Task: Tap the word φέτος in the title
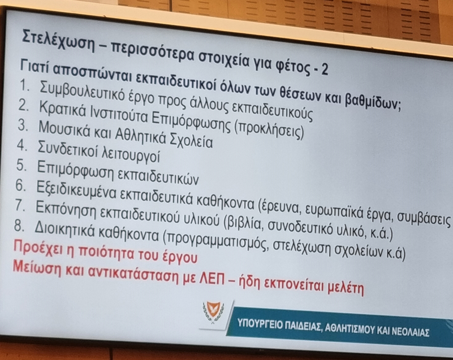pos(290,67)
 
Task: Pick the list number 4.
pos(21,145)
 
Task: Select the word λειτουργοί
pos(130,155)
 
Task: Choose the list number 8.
pos(19,226)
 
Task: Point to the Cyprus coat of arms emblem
pos(213,313)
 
